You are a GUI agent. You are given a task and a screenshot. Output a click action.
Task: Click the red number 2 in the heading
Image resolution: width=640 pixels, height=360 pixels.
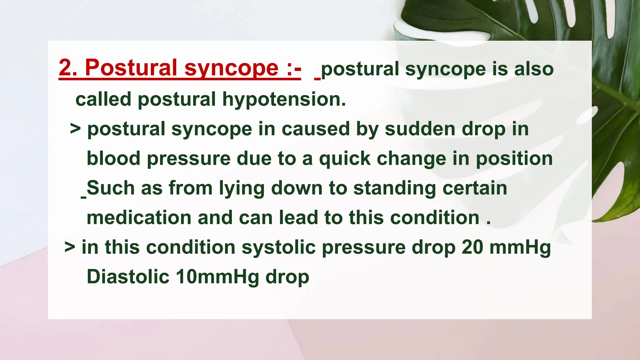click(x=66, y=68)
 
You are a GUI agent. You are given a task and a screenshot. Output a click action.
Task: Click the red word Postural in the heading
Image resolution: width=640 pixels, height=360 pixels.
click(x=131, y=68)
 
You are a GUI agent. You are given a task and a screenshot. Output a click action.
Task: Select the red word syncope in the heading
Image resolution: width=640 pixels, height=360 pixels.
click(x=231, y=69)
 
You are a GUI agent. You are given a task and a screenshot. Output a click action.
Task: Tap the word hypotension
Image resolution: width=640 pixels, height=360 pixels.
click(x=284, y=100)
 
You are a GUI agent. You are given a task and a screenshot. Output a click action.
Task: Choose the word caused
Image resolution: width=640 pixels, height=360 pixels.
click(x=316, y=129)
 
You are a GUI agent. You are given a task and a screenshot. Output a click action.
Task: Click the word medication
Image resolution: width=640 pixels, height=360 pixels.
click(x=139, y=218)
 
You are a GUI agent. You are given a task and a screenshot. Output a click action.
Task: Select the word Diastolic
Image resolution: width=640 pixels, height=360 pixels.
click(x=128, y=277)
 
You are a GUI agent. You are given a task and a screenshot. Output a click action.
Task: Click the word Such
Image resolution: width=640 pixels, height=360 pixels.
click(x=110, y=188)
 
